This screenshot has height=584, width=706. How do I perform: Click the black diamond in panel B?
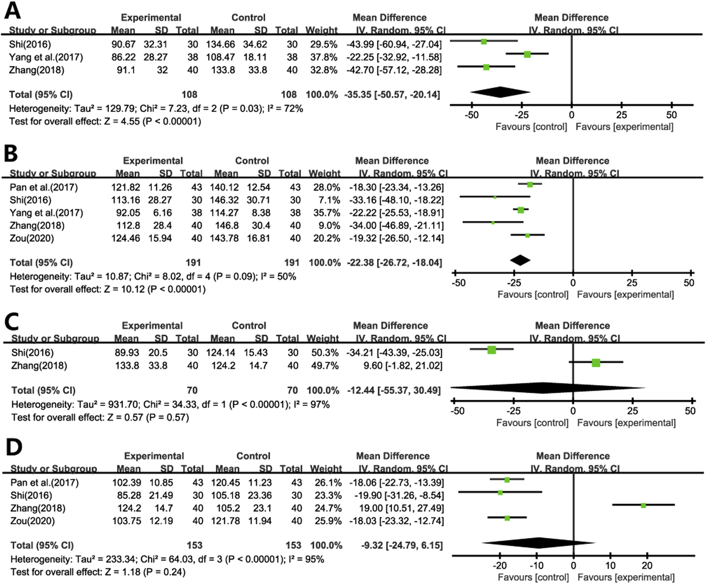coord(520,260)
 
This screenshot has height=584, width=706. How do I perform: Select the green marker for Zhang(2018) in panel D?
coord(643,505)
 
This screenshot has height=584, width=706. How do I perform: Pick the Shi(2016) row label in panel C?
coord(32,352)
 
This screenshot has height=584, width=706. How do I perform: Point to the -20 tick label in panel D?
coord(500,565)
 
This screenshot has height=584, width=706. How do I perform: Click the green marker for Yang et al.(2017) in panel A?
coord(527,54)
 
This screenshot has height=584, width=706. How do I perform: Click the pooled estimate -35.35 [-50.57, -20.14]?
coord(392,94)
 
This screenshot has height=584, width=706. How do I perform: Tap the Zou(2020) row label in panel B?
coord(32,238)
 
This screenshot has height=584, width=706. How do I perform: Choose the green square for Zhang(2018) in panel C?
coord(596,362)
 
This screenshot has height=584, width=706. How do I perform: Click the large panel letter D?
coord(14,447)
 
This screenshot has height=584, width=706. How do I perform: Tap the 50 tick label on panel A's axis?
coord(671,115)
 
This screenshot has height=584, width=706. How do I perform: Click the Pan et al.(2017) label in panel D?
coord(45,483)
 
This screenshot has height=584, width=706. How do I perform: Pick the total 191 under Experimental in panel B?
coord(193,263)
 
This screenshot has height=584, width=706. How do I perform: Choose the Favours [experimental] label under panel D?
coord(626,577)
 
